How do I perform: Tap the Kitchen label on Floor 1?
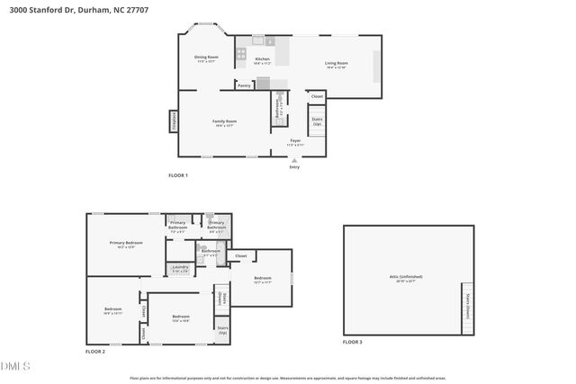pos(262,59)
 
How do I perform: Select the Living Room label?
pos(337,63)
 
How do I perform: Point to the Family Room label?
pos(224,121)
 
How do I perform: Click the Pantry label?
pos(244,85)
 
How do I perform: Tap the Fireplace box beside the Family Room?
pos(173,121)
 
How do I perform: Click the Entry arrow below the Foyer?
pos(294,161)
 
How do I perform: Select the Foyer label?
pos(295,141)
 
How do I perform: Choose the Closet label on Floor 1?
pos(317,95)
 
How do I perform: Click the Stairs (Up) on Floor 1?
pos(317,121)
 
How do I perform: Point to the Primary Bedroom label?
pos(126,243)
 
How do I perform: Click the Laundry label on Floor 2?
pos(180,267)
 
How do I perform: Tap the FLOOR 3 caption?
pos(352,343)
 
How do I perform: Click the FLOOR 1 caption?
pos(178,174)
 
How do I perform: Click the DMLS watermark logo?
pos(15,366)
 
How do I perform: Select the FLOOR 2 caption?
pos(95,352)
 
